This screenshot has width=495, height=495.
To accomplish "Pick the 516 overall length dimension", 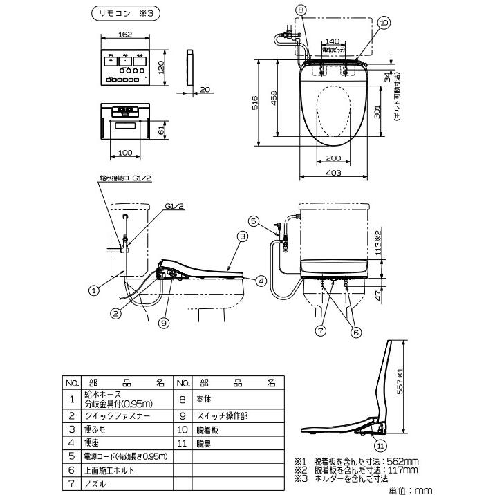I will click(x=254, y=103).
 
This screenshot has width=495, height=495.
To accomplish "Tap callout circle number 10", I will click(x=384, y=22).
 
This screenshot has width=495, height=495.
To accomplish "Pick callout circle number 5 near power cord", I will click(x=254, y=221).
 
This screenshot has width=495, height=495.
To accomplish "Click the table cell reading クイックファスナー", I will click(x=114, y=415).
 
